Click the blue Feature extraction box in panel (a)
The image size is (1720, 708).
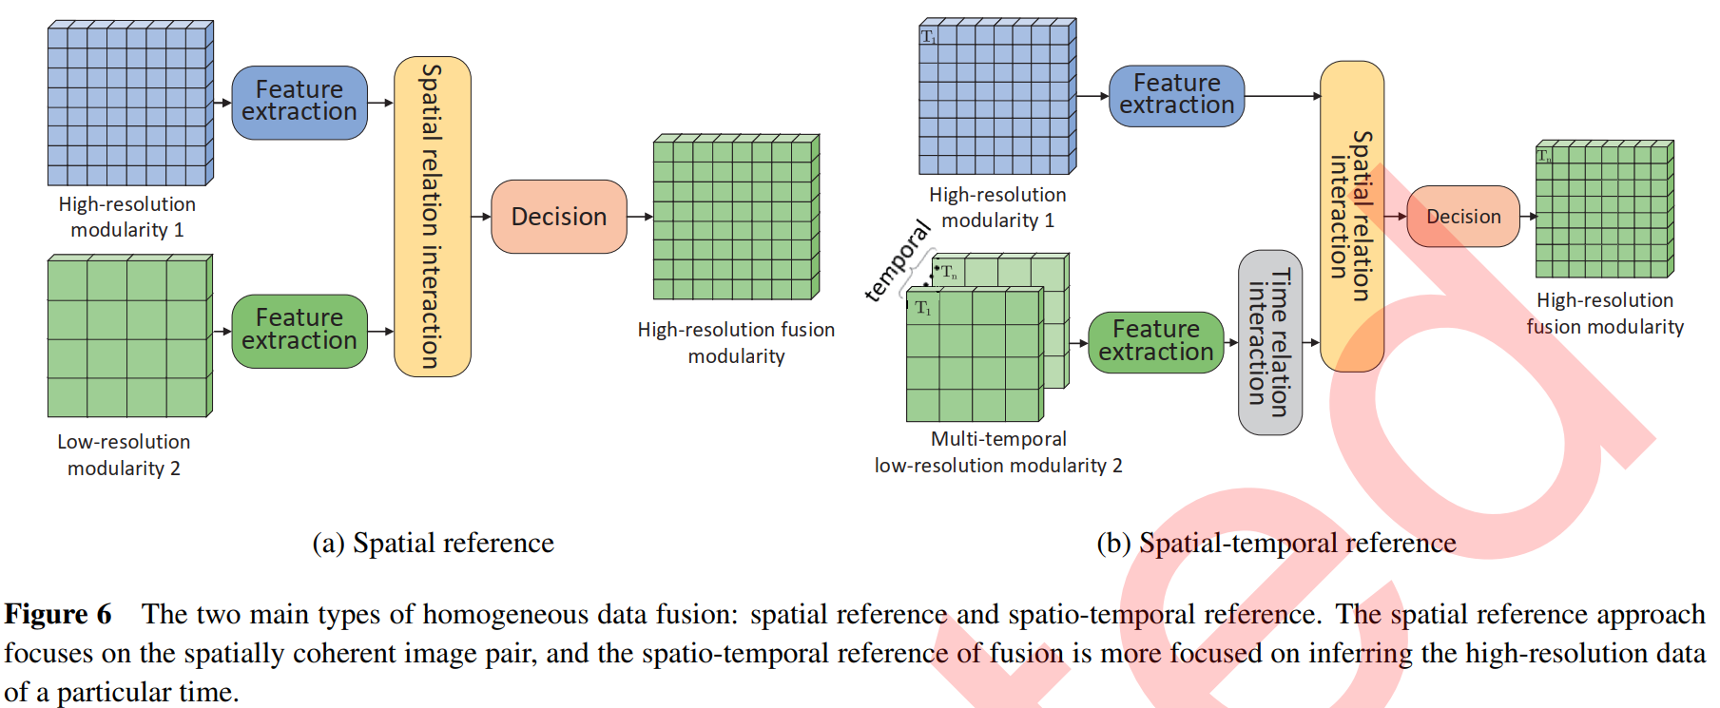click(x=300, y=102)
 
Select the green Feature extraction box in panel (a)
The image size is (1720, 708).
click(x=300, y=330)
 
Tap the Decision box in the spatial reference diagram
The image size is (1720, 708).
click(x=559, y=217)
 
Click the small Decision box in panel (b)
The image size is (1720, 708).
click(x=1463, y=217)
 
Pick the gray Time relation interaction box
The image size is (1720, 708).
click(x=1270, y=342)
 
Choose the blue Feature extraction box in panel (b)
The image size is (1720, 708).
click(x=1176, y=95)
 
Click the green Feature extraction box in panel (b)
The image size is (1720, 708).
click(x=1155, y=341)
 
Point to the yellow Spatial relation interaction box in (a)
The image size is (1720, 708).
click(x=433, y=217)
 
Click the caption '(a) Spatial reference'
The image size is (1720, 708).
click(x=434, y=543)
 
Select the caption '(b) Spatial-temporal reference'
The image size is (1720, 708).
click(x=1276, y=543)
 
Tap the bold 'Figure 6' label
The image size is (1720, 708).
click(x=58, y=614)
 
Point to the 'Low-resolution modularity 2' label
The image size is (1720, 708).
click(x=124, y=455)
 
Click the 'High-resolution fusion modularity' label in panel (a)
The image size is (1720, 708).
click(x=736, y=343)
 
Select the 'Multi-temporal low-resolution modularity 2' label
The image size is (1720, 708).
click(x=998, y=452)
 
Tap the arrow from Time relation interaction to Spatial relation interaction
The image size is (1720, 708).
click(x=1311, y=342)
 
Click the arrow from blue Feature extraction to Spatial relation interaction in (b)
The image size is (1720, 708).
click(x=1283, y=96)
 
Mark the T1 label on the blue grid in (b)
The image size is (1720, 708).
click(x=928, y=37)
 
